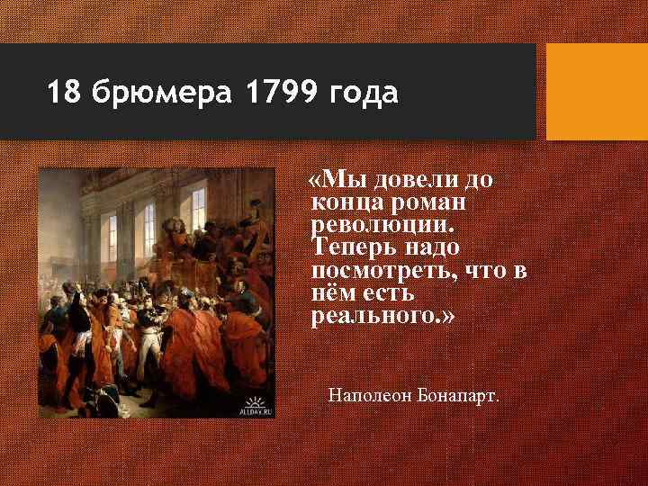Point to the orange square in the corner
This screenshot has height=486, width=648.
click(597, 92)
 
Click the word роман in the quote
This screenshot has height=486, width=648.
click(427, 202)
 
